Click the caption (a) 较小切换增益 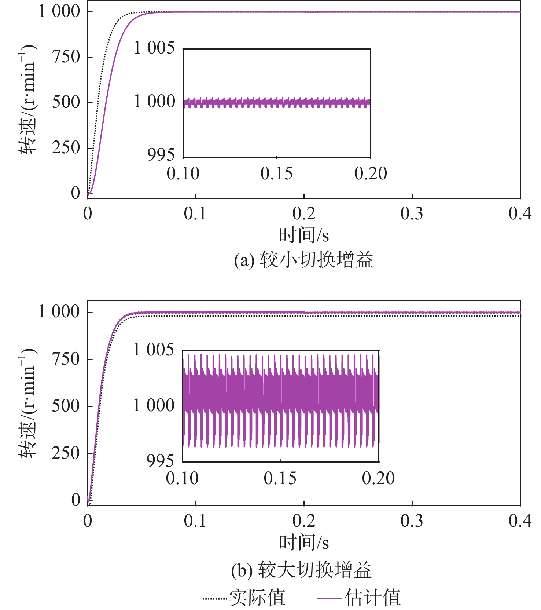click(x=303, y=260)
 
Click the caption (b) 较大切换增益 click(x=301, y=570)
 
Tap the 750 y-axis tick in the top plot click(x=66, y=57)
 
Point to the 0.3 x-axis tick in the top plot click(x=412, y=214)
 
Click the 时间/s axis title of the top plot click(x=303, y=235)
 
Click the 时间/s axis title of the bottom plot click(x=303, y=543)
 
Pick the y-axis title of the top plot click(x=28, y=100)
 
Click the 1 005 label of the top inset click(x=154, y=48)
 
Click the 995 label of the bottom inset click(x=160, y=461)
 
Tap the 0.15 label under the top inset click(x=276, y=174)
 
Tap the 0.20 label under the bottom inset click(x=378, y=478)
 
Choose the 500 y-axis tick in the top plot click(x=66, y=102)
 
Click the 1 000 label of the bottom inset click(x=154, y=406)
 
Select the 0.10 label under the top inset click(x=183, y=174)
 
